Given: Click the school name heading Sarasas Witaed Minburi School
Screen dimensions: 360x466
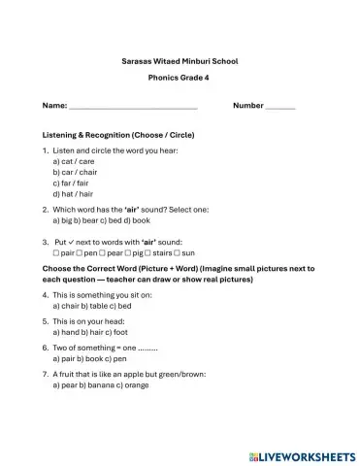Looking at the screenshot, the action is tap(180, 59).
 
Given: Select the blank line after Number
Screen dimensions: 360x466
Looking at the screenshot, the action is tap(279, 106).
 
